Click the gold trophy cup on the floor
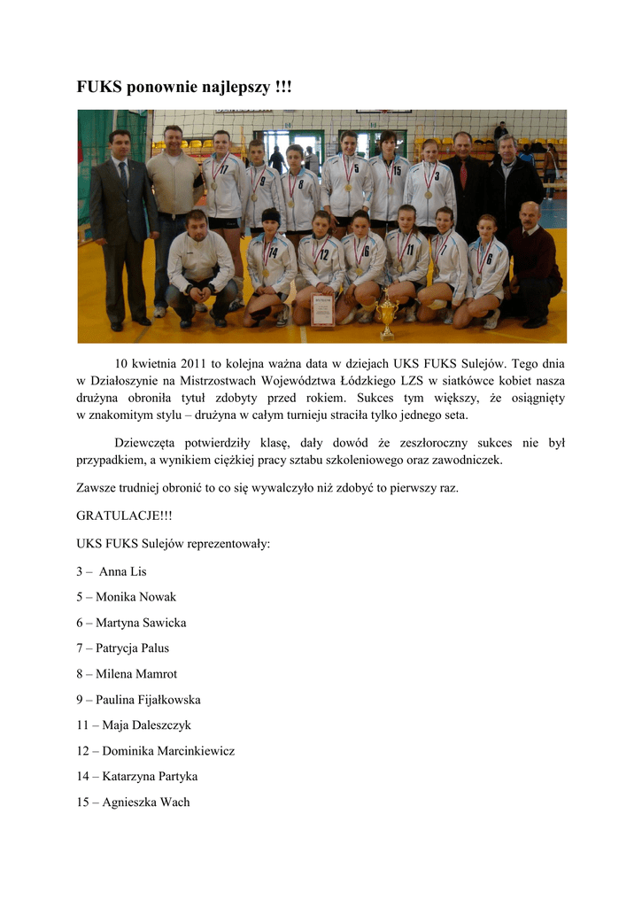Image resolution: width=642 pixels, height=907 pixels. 386,315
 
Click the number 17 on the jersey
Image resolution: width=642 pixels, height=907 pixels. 224,169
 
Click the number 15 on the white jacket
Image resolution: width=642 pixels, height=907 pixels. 397,170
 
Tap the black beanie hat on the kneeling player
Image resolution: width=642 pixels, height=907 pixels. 270,215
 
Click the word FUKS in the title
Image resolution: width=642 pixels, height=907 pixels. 99,88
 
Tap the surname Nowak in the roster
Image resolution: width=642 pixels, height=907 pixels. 157,597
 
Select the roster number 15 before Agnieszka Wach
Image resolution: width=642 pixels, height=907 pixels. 82,802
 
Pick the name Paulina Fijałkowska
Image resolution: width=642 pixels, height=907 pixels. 148,700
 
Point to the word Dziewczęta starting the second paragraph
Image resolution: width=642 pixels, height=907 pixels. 149,443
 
